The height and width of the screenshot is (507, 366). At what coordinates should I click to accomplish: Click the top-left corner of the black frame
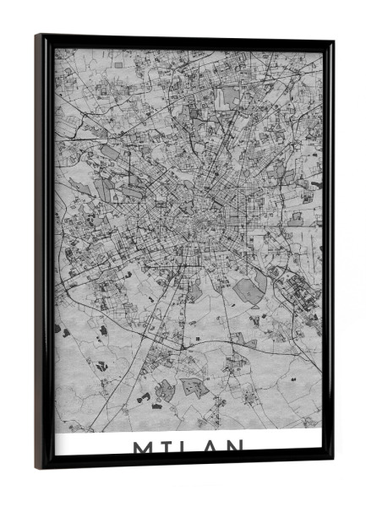[36, 35]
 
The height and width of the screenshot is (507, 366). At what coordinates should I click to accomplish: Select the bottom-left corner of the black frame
[37, 467]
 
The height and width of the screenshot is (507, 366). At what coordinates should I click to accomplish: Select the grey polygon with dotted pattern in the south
[193, 387]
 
